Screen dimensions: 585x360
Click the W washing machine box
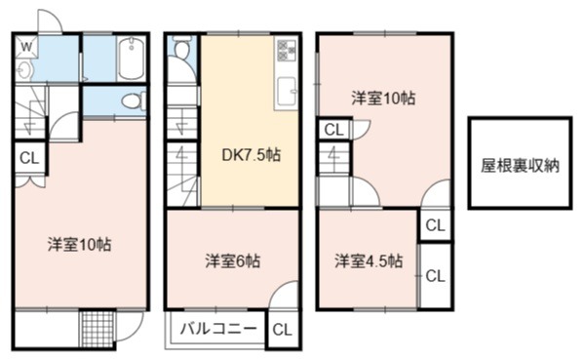(26, 46)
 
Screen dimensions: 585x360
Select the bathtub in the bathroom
(131, 59)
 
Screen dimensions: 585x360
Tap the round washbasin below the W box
(24, 70)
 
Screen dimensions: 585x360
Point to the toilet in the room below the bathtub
(134, 100)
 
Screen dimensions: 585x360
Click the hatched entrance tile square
(97, 330)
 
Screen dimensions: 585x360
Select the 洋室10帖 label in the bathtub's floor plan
(80, 245)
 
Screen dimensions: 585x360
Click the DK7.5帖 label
(252, 155)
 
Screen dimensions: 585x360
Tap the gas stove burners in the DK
(287, 51)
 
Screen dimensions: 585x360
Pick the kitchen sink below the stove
(287, 92)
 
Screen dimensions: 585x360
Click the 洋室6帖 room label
(233, 261)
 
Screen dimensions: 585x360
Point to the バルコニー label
(218, 329)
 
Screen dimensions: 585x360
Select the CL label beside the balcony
(282, 330)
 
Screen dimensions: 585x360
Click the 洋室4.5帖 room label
(369, 260)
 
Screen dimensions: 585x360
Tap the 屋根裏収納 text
(520, 166)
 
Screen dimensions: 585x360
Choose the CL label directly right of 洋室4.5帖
(436, 276)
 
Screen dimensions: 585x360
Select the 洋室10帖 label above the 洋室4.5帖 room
(383, 99)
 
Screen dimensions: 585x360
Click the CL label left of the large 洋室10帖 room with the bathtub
(29, 158)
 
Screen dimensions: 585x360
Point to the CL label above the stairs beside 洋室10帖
(333, 130)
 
